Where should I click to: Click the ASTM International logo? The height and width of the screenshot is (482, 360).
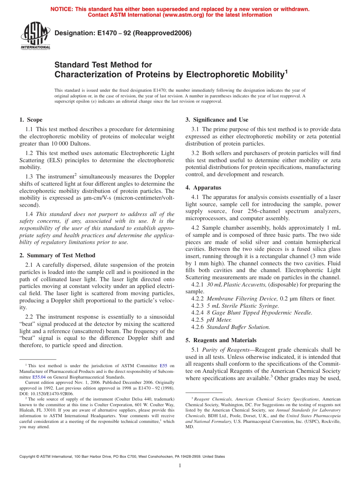(x=35, y=36)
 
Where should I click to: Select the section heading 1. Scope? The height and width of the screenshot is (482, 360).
(x=31, y=120)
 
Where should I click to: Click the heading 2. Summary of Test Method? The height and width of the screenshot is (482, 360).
(x=57, y=255)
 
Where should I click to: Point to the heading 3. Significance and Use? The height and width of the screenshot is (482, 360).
(x=217, y=120)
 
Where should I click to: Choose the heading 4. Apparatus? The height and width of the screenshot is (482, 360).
(x=203, y=188)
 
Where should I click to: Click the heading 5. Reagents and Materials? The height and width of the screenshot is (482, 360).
(x=221, y=340)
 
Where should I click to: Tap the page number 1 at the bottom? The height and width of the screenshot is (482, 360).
(x=180, y=466)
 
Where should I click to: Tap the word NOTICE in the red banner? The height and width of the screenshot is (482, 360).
(x=62, y=9)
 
